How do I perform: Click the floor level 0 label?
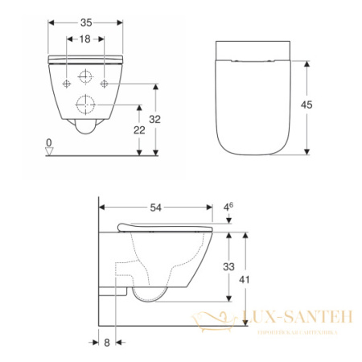(49, 143)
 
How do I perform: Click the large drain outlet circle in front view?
(84, 104)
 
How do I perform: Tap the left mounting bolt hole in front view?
(64, 83)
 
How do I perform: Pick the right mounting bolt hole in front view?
(105, 83)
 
